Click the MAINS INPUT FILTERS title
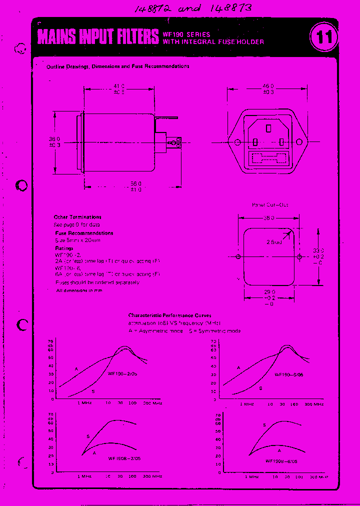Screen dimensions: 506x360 (x=98, y=37)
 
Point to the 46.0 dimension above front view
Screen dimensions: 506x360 (x=268, y=89)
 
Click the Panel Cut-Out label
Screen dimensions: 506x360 (x=269, y=204)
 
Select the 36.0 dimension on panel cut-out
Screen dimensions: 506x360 (x=268, y=218)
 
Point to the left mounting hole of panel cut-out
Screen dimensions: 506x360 (x=238, y=257)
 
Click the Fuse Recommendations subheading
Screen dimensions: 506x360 (x=84, y=233)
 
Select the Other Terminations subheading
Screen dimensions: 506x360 (x=77, y=217)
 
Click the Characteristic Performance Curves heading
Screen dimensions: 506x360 (x=169, y=315)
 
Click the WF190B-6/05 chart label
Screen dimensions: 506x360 (x=281, y=461)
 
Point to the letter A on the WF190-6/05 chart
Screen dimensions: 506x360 (x=238, y=367)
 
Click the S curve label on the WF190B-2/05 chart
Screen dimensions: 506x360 (x=88, y=436)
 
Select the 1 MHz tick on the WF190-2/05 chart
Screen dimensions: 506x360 (x=83, y=403)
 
